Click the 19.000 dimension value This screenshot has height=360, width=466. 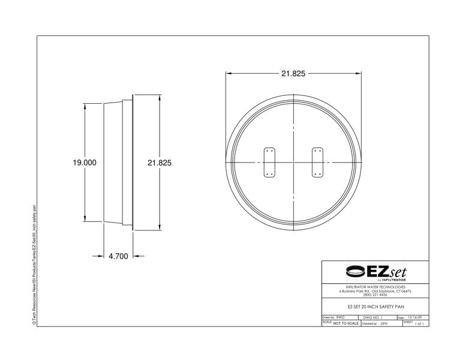85,163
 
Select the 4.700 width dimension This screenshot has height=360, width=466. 118,256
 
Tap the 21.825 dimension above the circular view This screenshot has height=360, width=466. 293,74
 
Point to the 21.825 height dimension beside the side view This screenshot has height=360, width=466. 160,163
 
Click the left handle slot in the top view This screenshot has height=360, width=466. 269,163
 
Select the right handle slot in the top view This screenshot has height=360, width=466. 317,163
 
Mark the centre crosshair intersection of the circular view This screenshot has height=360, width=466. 293,163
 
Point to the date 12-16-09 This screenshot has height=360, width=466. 414,317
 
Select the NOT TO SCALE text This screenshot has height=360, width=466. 346,323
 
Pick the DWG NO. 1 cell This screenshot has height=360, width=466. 373,317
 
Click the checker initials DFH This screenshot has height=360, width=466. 384,323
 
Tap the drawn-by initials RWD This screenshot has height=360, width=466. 341,317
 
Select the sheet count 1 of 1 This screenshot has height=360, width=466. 419,323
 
